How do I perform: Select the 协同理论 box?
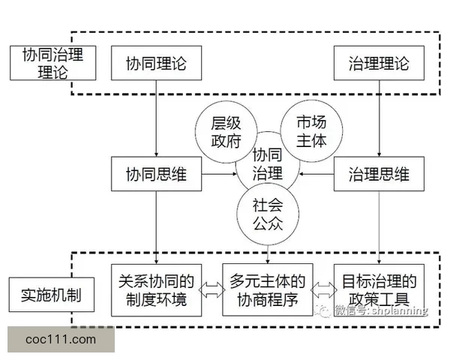[x=157, y=64]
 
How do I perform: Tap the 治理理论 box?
[x=379, y=64]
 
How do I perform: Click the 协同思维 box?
[x=157, y=175]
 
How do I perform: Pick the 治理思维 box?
[x=379, y=175]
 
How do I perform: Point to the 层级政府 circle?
[x=223, y=131]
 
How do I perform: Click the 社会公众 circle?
[x=267, y=212]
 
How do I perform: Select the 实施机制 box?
[x=52, y=295]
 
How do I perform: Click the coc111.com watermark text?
[x=61, y=339]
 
